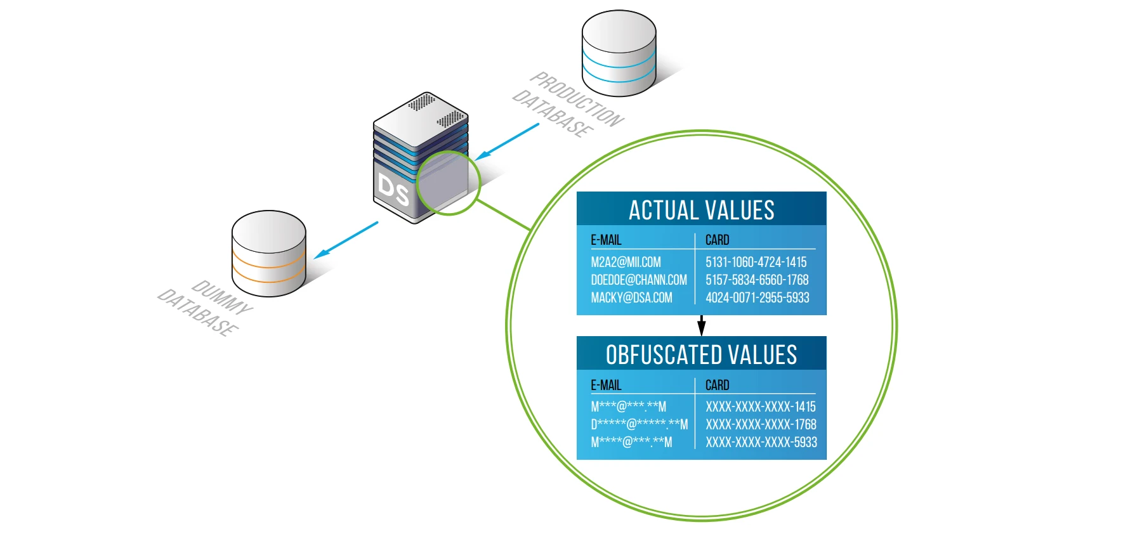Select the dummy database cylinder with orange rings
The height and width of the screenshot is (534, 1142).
coord(268,254)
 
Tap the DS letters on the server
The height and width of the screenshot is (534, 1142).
coord(393,190)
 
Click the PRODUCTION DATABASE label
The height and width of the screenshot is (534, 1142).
coord(568,105)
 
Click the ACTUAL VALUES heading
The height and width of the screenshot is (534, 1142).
coord(701,210)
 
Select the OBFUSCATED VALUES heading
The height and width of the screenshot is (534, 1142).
coord(701,355)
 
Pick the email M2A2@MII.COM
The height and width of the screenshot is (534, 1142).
coord(626,262)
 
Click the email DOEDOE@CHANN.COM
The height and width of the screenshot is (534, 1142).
coord(638,280)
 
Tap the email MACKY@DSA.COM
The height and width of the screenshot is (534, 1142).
coord(631,297)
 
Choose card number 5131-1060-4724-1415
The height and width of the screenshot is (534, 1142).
coord(756,262)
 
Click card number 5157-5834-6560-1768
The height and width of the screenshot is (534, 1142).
coord(757,280)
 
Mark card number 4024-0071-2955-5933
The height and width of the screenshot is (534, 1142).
coord(757,297)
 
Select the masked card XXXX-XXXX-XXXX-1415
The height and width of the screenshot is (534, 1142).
coord(760,407)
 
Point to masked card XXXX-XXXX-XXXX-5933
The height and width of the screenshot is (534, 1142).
coord(761,442)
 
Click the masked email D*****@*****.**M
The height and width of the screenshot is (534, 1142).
coord(639,424)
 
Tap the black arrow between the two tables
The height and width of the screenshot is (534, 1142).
coord(701,325)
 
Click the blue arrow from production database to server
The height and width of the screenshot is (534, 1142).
coord(507,141)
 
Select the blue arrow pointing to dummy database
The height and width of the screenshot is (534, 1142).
coord(346,239)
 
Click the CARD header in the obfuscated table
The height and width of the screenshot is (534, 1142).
coord(717,385)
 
